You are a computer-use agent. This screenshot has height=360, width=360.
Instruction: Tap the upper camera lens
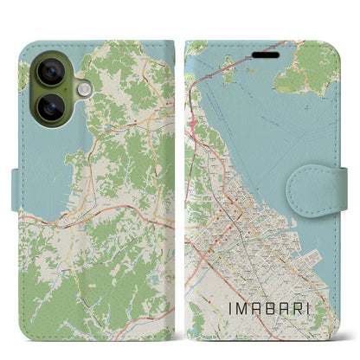pos(51,74)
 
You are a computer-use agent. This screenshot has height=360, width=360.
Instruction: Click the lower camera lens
pos(51,107)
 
